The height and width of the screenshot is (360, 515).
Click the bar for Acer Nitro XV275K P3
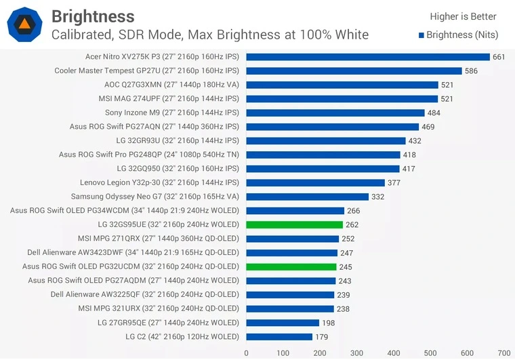pos(367,57)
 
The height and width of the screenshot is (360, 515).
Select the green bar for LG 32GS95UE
pos(294,225)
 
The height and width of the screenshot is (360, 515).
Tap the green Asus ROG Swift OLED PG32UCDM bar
pos(291,267)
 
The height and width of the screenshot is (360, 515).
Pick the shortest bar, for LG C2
pos(279,337)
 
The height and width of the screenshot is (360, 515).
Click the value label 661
pos(499,57)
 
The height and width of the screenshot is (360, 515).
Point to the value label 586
pos(471,71)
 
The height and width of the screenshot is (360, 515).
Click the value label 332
pos(378,197)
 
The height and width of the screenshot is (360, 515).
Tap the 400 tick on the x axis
pos(393,353)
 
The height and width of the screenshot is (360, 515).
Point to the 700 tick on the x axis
pos(503,353)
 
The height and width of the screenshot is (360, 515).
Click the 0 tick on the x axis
pos(246,353)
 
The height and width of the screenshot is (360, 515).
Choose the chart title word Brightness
pos(93,16)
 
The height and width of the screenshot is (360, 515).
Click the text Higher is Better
pos(463,16)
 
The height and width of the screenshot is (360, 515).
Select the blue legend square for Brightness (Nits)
pos(421,35)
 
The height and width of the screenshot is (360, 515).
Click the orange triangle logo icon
pos(24,24)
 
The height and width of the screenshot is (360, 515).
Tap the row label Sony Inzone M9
pos(171,113)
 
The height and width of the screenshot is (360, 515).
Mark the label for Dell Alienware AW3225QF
pos(144,295)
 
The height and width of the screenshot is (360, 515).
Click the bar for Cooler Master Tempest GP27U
pos(354,71)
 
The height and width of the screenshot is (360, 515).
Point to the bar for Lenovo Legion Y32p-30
pos(315,183)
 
